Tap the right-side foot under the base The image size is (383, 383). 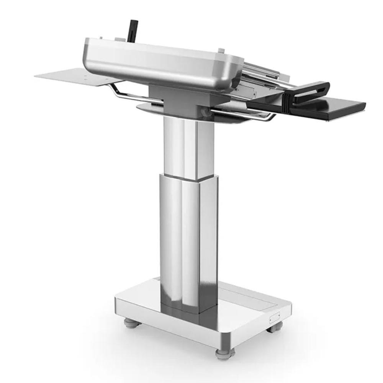(x=275, y=327)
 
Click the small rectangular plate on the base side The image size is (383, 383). (x=275, y=316)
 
